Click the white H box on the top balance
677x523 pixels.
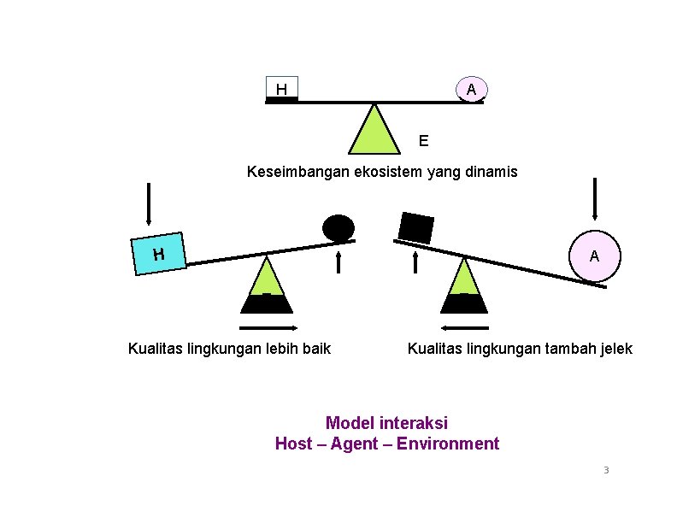click(x=281, y=88)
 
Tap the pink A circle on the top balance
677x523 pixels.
click(x=471, y=89)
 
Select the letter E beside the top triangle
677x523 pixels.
click(x=424, y=139)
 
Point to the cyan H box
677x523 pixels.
click(x=159, y=254)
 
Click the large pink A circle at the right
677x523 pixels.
click(x=594, y=256)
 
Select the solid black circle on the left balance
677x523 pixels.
click(x=338, y=227)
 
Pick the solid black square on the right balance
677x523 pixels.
click(x=416, y=227)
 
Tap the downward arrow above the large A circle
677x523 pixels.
click(x=595, y=199)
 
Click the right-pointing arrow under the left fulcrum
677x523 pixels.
click(x=268, y=328)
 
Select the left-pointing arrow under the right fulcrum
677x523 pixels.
click(x=465, y=328)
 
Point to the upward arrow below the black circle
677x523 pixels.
click(x=339, y=259)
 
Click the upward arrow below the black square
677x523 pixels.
click(x=415, y=260)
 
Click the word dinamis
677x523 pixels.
click(x=490, y=172)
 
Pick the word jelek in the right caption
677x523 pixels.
click(x=614, y=348)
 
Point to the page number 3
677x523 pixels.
click(x=606, y=471)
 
